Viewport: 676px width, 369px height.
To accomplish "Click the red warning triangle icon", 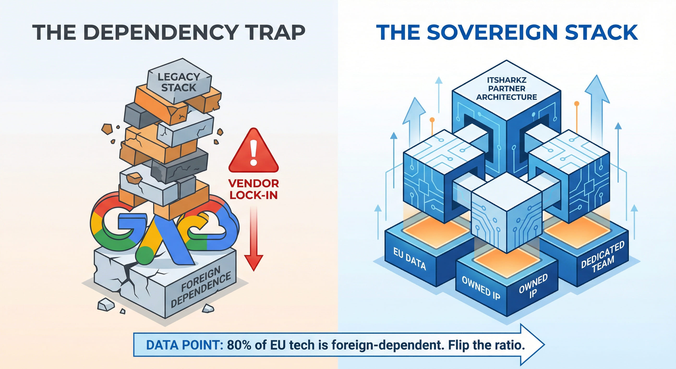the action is coord(253,150).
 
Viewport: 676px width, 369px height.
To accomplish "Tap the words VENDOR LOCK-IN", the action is coord(253,189).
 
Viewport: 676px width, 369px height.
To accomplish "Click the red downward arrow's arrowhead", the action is coord(253,263).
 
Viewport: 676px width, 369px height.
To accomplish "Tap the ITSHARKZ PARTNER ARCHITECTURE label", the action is coord(507,88).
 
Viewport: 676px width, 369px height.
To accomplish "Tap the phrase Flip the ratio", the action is coord(487,345).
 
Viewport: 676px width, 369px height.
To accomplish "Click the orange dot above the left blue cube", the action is coord(432,120).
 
